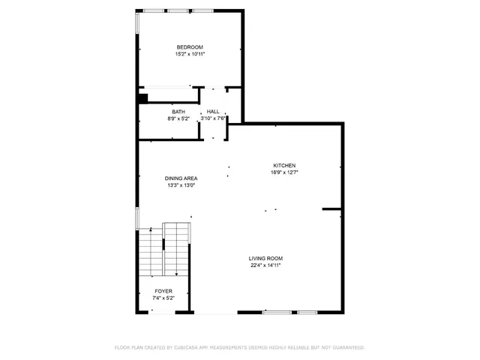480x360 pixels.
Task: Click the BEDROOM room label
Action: pyautogui.click(x=190, y=47)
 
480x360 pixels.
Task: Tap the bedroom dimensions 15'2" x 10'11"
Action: pyautogui.click(x=190, y=54)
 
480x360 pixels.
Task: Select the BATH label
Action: pyautogui.click(x=178, y=112)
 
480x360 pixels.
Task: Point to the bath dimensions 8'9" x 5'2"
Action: pyautogui.click(x=178, y=118)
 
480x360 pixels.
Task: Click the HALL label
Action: pyautogui.click(x=213, y=112)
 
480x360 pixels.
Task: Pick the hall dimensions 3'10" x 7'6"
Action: pyautogui.click(x=213, y=118)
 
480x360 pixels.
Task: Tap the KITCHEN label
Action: pyautogui.click(x=284, y=166)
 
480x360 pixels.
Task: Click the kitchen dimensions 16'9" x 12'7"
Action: pyautogui.click(x=284, y=172)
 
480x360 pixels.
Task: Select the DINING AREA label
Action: pyautogui.click(x=181, y=178)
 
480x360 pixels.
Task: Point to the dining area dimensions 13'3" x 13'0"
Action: pyautogui.click(x=181, y=185)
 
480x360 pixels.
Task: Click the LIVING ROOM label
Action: pyautogui.click(x=265, y=259)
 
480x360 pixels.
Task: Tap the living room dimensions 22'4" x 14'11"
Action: pyautogui.click(x=265, y=265)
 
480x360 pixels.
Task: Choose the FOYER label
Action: pyautogui.click(x=163, y=291)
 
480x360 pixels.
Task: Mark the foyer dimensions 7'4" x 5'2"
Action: pyautogui.click(x=163, y=298)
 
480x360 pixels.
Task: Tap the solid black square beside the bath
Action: pyautogui.click(x=142, y=97)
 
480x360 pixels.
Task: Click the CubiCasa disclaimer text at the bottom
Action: pyautogui.click(x=239, y=348)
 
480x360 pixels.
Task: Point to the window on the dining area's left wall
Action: pyautogui.click(x=136, y=217)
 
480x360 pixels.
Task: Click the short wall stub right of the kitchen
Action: pyautogui.click(x=332, y=209)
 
